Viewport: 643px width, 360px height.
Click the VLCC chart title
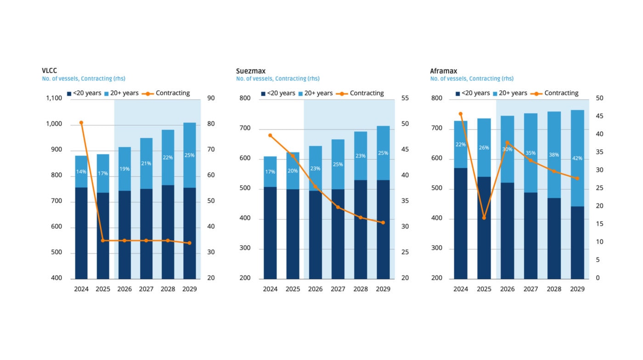[x=50, y=71]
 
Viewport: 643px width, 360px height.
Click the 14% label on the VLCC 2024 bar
[x=81, y=172]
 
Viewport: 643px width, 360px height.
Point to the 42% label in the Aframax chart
[x=577, y=158]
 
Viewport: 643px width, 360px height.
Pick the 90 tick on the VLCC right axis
[x=212, y=98]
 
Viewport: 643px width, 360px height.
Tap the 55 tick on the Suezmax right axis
[x=406, y=98]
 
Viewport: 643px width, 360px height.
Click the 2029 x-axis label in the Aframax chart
[x=577, y=289]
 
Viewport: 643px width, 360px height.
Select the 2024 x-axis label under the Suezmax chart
[x=270, y=289]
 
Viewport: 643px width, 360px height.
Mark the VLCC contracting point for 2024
[x=81, y=123]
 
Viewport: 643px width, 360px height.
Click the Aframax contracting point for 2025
[x=484, y=218]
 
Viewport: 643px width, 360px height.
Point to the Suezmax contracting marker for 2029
[x=383, y=223]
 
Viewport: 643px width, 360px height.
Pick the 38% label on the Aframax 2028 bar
[x=554, y=155]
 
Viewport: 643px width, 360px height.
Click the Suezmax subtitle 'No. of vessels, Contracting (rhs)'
[x=278, y=79]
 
